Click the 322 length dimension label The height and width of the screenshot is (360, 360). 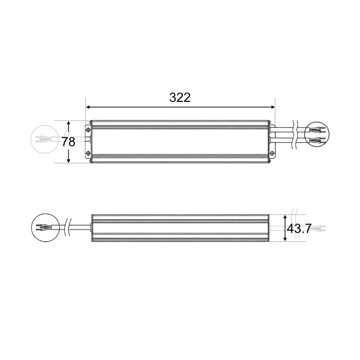pos(180,98)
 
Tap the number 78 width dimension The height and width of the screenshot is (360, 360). pos(68,142)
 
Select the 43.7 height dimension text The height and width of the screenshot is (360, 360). pos(299,229)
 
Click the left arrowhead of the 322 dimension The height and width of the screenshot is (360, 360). pos(88,107)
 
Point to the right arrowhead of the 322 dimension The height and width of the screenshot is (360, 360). pos(273,107)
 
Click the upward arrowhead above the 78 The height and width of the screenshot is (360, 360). pos(68,124)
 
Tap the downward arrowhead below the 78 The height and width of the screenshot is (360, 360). pos(68,161)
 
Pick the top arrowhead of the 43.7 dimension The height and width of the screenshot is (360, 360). pos(285,217)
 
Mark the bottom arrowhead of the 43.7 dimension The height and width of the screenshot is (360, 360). pos(285,238)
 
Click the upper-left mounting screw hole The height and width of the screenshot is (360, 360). pos(88,130)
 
